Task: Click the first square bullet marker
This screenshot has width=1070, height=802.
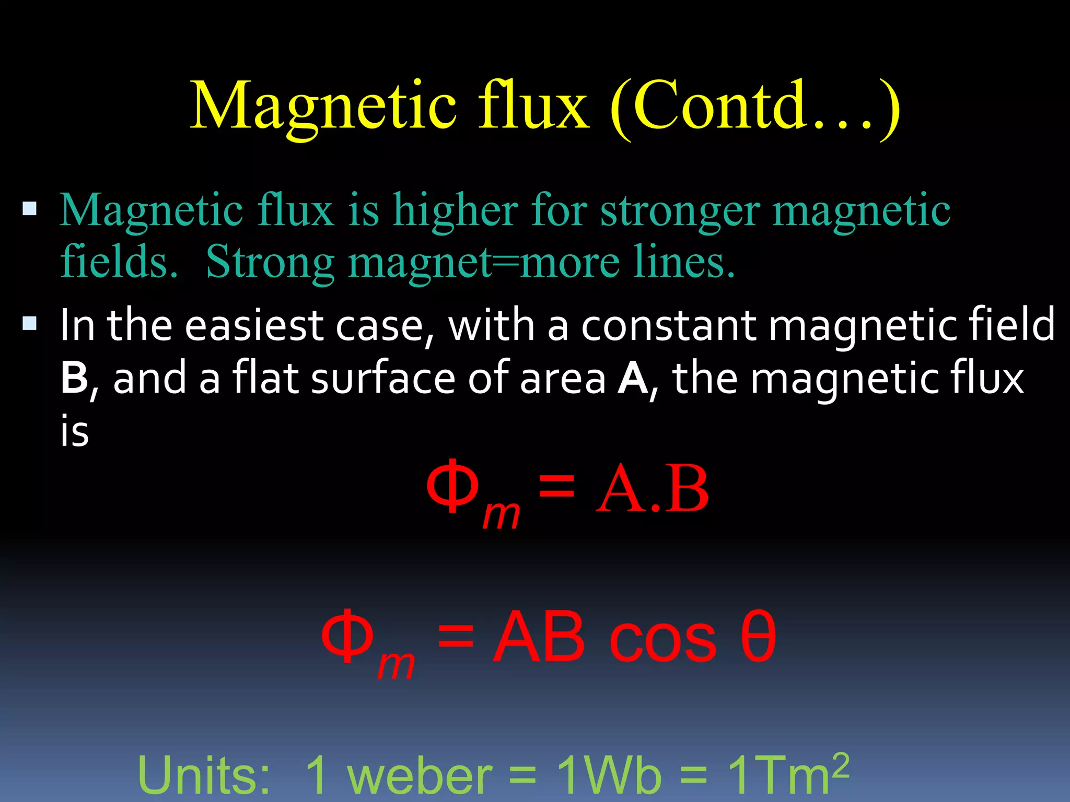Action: (x=30, y=209)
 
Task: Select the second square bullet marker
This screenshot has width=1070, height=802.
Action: (x=30, y=324)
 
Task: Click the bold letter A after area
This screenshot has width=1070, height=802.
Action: (x=632, y=378)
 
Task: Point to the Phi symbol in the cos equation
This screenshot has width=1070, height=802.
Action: (x=347, y=636)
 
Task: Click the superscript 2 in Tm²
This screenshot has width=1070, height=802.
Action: (x=840, y=765)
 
